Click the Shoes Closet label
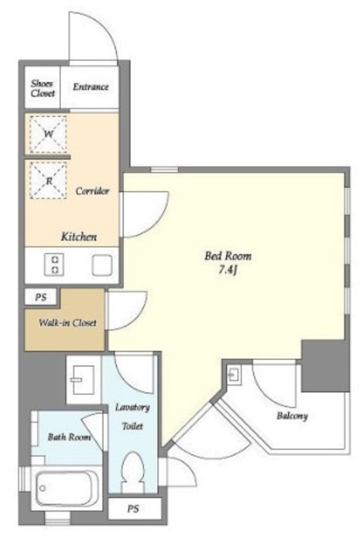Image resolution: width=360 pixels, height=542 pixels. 43,88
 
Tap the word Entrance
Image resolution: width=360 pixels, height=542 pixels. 91,86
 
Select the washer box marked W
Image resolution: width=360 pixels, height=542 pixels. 48,135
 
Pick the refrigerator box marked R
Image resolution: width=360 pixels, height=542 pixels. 48,180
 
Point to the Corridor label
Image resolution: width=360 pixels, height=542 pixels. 92,191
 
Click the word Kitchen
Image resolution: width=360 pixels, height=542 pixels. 79,237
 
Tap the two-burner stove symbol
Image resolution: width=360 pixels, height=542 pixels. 54,265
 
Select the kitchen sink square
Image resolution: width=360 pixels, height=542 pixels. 102,265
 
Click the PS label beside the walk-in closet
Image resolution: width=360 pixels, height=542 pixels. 41,297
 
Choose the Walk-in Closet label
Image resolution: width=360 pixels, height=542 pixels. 68,323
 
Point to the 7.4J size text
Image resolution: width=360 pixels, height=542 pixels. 228,270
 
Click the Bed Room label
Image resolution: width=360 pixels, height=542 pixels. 228,256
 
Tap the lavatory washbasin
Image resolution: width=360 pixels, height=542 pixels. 82,380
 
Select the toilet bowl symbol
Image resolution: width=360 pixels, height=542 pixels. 133,472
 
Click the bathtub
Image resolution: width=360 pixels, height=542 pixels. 64,489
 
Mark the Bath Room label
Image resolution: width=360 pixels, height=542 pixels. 69,437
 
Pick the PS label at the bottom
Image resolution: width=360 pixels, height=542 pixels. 133,509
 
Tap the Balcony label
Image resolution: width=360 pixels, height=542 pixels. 292,416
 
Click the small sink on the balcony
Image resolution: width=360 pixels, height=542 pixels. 234,374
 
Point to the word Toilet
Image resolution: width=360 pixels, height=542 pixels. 132,426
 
